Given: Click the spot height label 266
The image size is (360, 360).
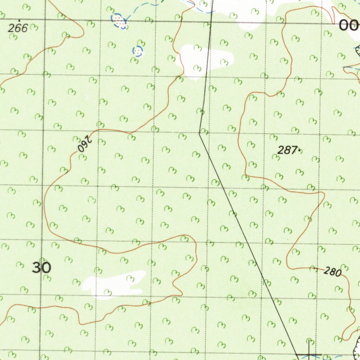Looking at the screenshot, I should (x=18, y=28).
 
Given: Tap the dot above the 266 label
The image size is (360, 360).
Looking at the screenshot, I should (x=19, y=21).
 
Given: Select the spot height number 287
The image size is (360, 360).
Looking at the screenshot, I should (x=287, y=150).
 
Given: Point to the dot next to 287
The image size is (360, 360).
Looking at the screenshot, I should (x=299, y=150).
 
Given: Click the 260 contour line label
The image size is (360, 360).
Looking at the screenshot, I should (x=84, y=144).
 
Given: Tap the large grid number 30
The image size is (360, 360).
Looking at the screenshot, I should (x=42, y=268).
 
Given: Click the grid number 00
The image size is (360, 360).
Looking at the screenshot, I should (x=348, y=26).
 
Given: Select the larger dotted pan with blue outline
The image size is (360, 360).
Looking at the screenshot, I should (x=119, y=21).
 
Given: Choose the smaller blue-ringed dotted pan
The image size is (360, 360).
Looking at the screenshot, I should (x=138, y=51).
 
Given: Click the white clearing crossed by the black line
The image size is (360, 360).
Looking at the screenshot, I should (x=204, y=60).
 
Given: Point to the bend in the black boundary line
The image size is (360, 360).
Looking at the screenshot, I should (x=200, y=133).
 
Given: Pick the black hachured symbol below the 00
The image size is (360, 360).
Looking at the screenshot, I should (x=358, y=51).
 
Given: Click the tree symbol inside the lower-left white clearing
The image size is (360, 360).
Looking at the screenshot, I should (x=130, y=279).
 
